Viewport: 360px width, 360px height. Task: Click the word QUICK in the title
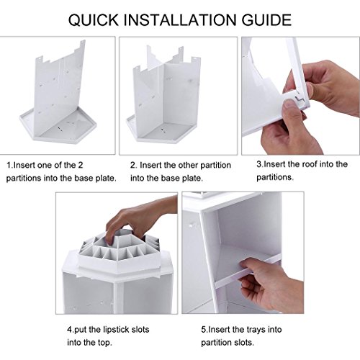94,20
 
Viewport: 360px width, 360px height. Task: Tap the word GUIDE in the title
266,19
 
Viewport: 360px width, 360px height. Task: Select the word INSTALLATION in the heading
180,19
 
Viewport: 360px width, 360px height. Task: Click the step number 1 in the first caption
9,165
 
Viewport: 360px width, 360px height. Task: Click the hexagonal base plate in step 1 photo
58,130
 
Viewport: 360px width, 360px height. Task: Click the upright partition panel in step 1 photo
60,89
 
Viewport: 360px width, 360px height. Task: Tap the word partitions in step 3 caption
275,177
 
